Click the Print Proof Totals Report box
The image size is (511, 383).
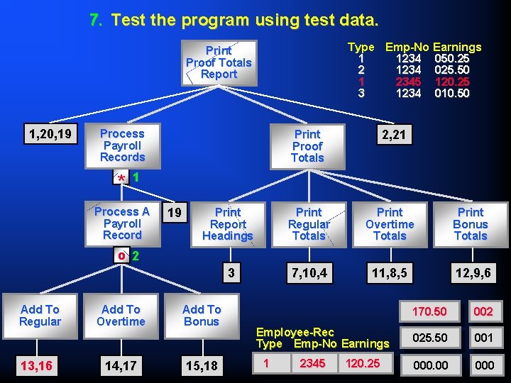click(x=219, y=62)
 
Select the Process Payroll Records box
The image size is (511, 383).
click(x=122, y=145)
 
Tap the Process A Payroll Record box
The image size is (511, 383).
click(x=122, y=223)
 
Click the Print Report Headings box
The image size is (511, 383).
click(x=228, y=224)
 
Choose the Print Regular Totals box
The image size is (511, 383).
click(x=309, y=224)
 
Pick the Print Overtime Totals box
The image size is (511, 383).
click(x=390, y=224)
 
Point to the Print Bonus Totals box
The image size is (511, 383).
click(x=471, y=224)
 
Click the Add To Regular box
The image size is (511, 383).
click(x=40, y=316)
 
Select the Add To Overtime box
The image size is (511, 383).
click(x=121, y=316)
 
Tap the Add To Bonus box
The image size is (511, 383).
click(x=202, y=316)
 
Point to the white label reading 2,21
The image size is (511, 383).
click(x=394, y=135)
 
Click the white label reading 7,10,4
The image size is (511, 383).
click(x=309, y=272)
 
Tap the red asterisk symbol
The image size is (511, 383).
click(x=122, y=178)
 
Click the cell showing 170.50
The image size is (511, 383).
click(x=430, y=311)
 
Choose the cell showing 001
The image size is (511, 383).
click(x=483, y=338)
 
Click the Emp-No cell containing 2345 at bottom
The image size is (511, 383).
click(x=313, y=363)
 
